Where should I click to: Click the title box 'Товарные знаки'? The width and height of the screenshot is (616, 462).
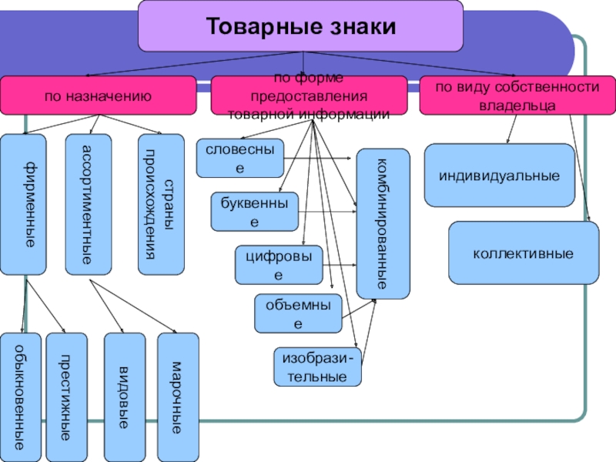300,25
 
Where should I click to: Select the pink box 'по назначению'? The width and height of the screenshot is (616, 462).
97,95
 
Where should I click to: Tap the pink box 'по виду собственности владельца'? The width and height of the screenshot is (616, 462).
517,95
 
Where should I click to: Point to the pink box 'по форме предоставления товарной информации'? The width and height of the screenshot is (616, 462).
309,95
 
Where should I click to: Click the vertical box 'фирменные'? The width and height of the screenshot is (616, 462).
23,204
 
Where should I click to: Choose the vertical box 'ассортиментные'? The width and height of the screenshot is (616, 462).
88,204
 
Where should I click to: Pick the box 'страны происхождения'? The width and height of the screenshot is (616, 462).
161,204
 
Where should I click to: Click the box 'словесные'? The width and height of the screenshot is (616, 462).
239,158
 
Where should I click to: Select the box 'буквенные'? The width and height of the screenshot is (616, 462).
255,213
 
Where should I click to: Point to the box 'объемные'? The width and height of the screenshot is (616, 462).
298,314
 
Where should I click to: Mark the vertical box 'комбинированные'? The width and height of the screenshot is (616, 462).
383,224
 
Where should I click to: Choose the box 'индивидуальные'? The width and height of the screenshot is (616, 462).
500,176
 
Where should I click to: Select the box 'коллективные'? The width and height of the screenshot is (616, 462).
524,253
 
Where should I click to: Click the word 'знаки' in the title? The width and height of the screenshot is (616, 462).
360,27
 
